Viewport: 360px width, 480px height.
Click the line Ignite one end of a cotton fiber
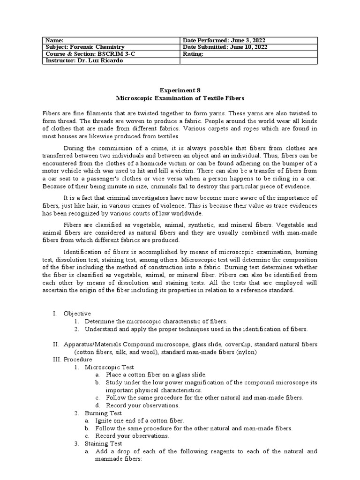point(140,420)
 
